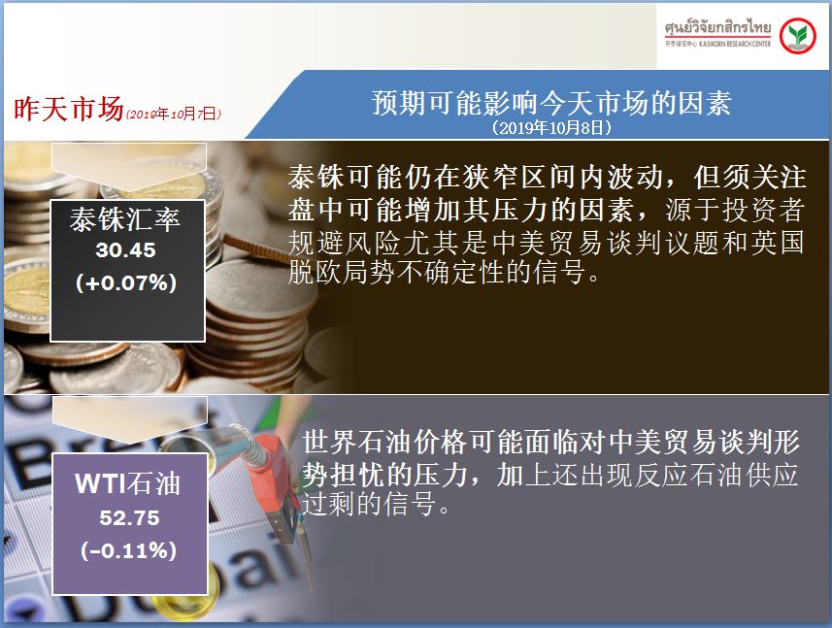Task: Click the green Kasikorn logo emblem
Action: click(797, 36)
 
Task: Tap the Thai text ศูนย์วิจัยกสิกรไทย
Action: click(717, 27)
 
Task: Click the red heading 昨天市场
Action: click(69, 108)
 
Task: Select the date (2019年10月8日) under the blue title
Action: click(551, 127)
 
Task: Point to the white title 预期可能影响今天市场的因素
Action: click(551, 102)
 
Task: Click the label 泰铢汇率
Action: click(125, 219)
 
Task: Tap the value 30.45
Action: click(126, 249)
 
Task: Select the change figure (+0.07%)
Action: click(126, 282)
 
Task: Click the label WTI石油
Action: click(128, 483)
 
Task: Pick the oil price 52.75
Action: click(129, 517)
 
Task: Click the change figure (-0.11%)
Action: click(129, 550)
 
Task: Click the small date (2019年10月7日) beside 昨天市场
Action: click(174, 114)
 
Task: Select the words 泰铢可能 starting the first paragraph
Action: click(345, 177)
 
